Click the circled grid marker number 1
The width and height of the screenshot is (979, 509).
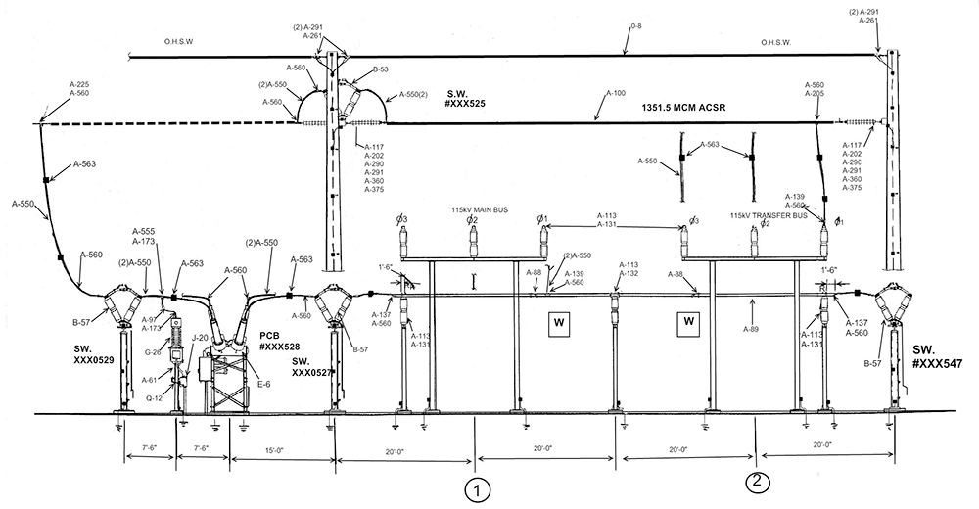pos(476,486)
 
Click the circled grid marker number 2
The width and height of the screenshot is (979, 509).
pos(756,480)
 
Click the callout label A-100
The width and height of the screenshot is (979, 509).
pos(615,94)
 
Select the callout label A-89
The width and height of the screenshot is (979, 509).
pos(752,330)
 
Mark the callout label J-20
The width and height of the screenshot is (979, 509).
pos(200,339)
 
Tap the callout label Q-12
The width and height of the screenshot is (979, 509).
pos(154,398)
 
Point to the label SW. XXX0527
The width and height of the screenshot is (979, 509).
pos(313,367)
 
